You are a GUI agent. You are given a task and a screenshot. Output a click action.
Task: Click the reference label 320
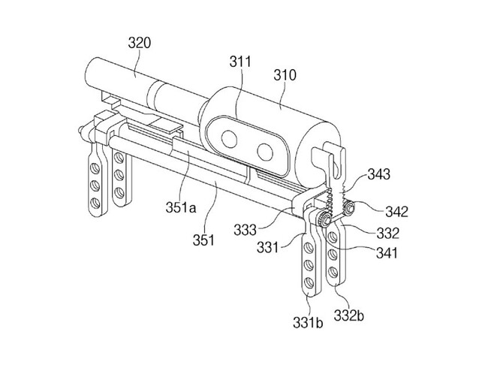(x=140, y=43)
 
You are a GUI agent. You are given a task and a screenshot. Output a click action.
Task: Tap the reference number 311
(x=240, y=62)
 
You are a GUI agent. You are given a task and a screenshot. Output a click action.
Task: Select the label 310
(x=285, y=75)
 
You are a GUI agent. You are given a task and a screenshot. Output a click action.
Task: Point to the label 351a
(x=181, y=207)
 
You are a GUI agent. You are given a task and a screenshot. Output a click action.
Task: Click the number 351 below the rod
(x=203, y=240)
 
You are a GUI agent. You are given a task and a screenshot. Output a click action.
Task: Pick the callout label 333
(x=246, y=230)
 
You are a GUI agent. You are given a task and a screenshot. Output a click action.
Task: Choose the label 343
(x=378, y=174)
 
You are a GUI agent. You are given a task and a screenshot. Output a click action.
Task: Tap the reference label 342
(x=397, y=212)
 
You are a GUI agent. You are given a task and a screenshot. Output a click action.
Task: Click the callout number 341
(x=387, y=253)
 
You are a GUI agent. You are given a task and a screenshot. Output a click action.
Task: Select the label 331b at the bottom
(x=308, y=322)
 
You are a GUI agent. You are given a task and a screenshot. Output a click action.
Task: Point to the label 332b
(x=349, y=315)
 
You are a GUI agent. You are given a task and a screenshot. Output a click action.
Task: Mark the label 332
(x=388, y=233)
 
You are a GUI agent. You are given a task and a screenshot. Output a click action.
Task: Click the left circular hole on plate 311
(x=229, y=139)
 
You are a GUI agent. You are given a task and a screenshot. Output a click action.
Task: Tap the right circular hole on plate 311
(x=265, y=152)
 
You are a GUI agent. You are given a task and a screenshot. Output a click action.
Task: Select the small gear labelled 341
(x=324, y=219)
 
